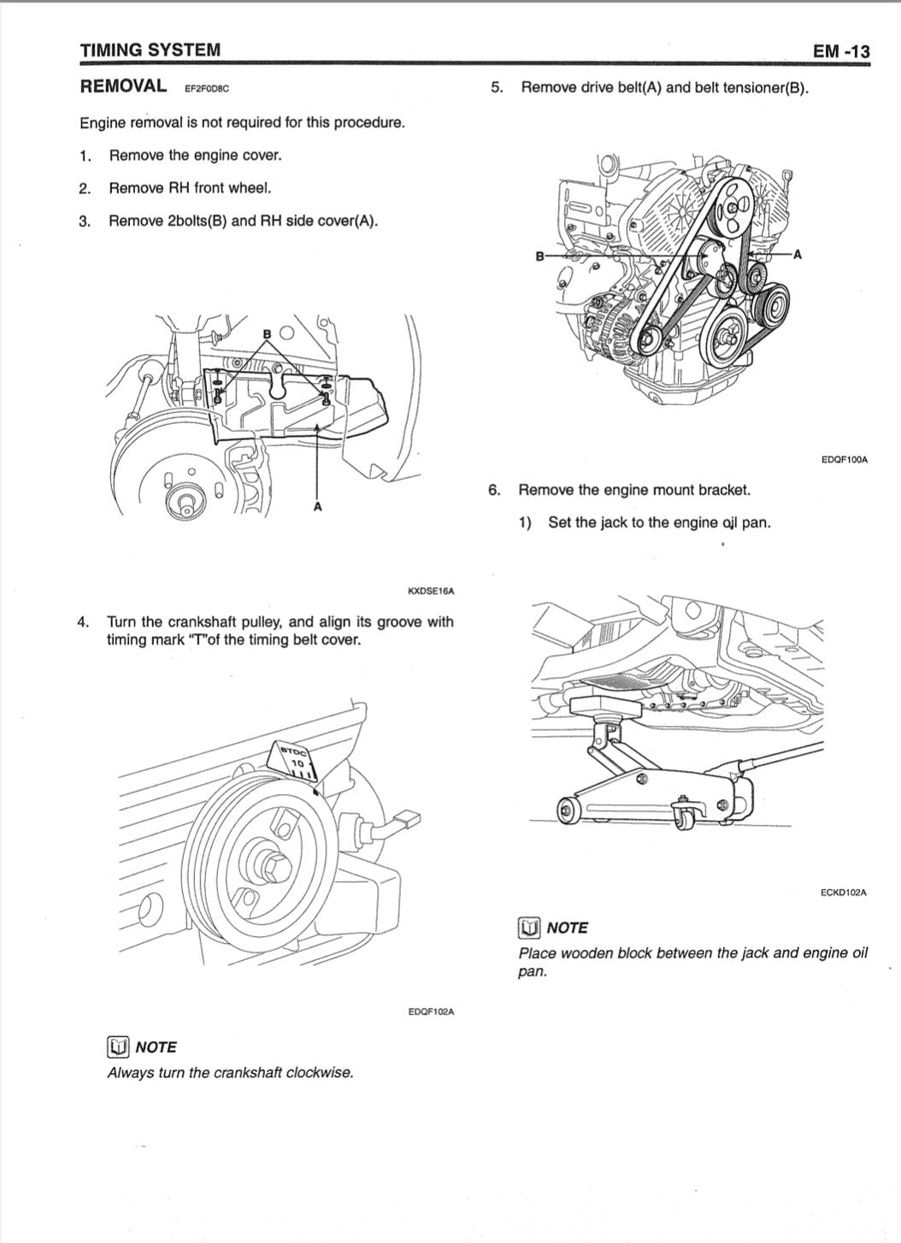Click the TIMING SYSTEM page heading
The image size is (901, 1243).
click(150, 50)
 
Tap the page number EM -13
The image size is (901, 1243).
click(841, 51)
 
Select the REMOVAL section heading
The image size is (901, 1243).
click(123, 85)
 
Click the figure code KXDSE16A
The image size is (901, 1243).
click(431, 591)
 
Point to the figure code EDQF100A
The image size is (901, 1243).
click(843, 460)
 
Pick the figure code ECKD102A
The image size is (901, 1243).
click(843, 892)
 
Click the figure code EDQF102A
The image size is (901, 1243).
click(431, 1012)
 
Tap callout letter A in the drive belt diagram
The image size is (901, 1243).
click(797, 254)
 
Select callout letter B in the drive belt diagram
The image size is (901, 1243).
click(539, 256)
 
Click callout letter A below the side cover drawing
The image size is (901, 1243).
click(317, 507)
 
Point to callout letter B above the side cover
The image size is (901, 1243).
click(267, 333)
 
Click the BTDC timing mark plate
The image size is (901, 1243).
click(294, 760)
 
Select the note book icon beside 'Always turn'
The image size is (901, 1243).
click(118, 1047)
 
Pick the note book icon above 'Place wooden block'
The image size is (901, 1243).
click(529, 928)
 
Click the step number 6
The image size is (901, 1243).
click(494, 490)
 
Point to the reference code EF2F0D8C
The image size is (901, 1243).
click(207, 88)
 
